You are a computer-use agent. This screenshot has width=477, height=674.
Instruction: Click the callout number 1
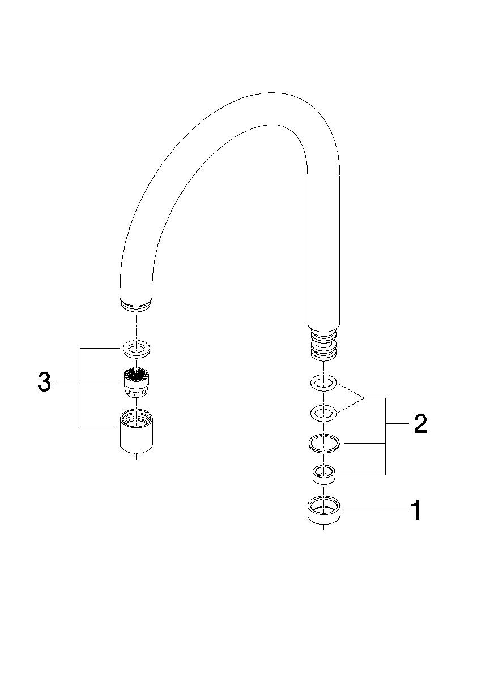point(416,510)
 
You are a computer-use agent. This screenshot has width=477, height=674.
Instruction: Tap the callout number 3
point(44,381)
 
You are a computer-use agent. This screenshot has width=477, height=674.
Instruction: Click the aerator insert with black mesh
point(136,381)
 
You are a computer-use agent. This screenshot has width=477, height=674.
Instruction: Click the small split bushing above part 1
point(323,475)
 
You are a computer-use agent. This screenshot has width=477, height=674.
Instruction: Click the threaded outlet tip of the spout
point(136,306)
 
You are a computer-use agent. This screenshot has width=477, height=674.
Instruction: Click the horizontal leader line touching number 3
point(90,381)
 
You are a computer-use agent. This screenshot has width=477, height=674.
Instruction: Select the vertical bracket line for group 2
point(385,437)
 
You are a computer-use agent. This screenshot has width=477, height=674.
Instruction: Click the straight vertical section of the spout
point(323,241)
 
